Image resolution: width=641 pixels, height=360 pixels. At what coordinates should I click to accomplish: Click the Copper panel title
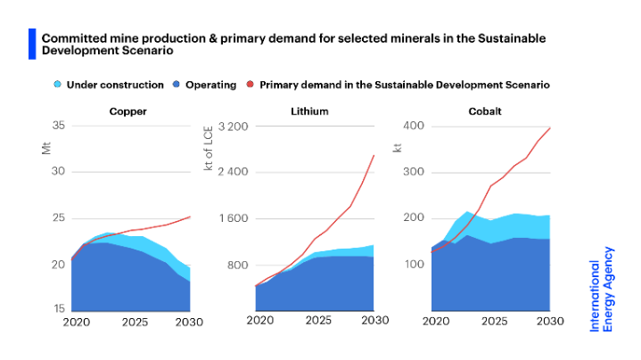tap(127, 111)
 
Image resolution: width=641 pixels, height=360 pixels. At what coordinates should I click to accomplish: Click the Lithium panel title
tap(309, 111)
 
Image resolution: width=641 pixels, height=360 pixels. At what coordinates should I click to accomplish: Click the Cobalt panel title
tap(485, 111)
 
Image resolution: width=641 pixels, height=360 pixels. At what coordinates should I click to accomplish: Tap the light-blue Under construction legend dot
tap(57, 85)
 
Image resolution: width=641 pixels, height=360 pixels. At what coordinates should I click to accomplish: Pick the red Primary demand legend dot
tap(251, 85)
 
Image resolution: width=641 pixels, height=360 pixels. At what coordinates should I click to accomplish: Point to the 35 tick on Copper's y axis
tap(58, 126)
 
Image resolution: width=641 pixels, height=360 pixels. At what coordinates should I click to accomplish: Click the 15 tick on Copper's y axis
tap(58, 309)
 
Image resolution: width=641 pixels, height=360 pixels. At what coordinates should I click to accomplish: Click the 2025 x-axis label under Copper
tap(135, 322)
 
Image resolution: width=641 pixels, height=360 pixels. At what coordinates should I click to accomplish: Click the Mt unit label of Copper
tap(46, 148)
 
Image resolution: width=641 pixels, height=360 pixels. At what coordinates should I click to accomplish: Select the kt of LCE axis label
tap(210, 152)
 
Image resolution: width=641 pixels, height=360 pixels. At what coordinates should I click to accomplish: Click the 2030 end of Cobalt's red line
tap(550, 128)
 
